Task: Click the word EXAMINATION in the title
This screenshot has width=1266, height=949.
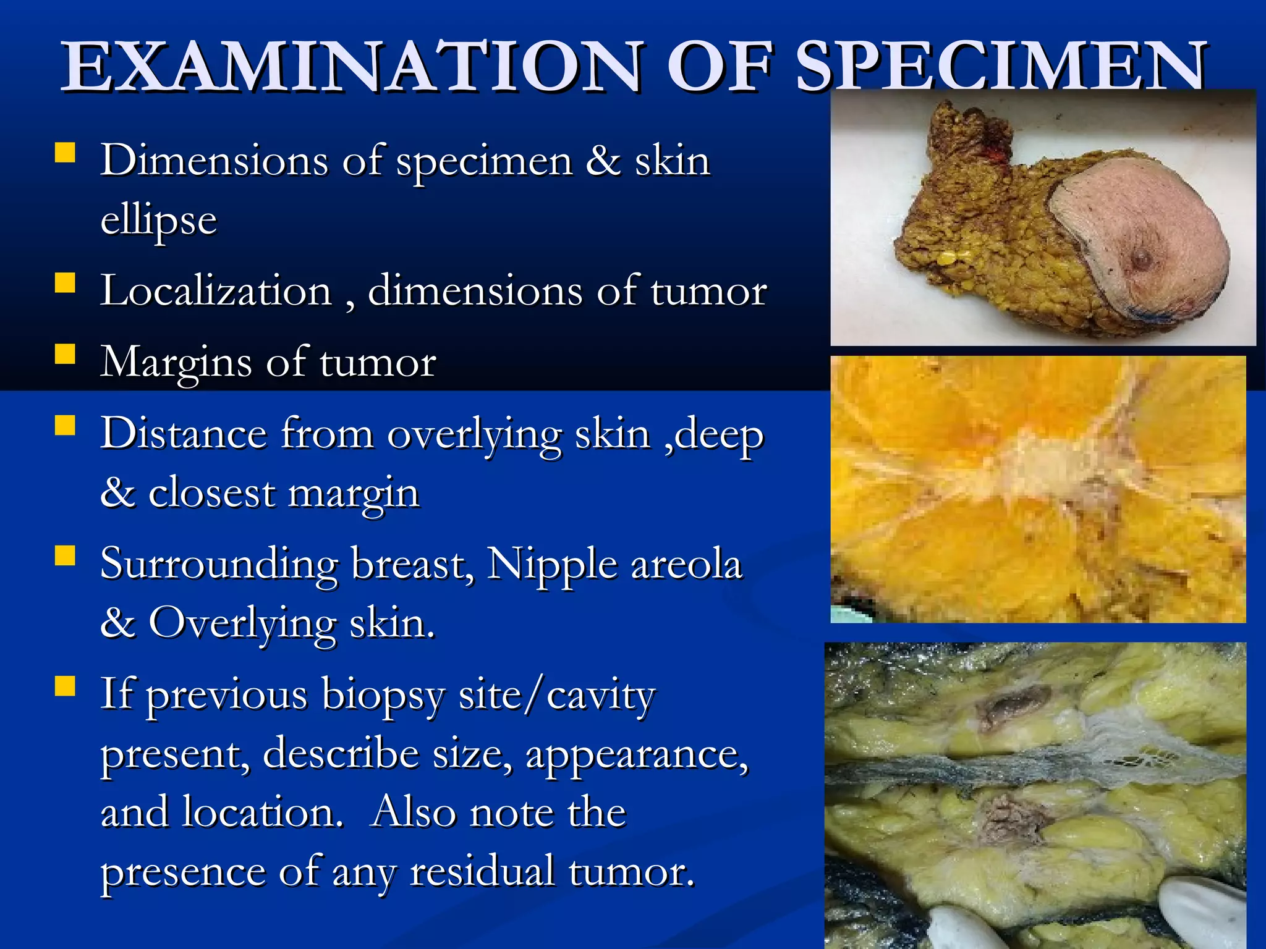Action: point(352,67)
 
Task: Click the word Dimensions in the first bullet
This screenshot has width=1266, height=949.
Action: point(214,161)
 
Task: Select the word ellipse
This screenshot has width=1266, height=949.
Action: point(159,220)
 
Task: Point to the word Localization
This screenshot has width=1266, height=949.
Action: point(216,290)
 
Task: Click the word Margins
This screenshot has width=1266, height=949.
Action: point(176,362)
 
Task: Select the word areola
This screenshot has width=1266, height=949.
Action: point(686,565)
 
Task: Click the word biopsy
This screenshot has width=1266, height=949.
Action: point(383,694)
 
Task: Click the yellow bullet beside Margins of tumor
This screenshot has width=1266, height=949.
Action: point(65,355)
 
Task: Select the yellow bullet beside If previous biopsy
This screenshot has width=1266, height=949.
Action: point(65,686)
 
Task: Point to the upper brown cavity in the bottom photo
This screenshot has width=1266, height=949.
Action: point(1014,704)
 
